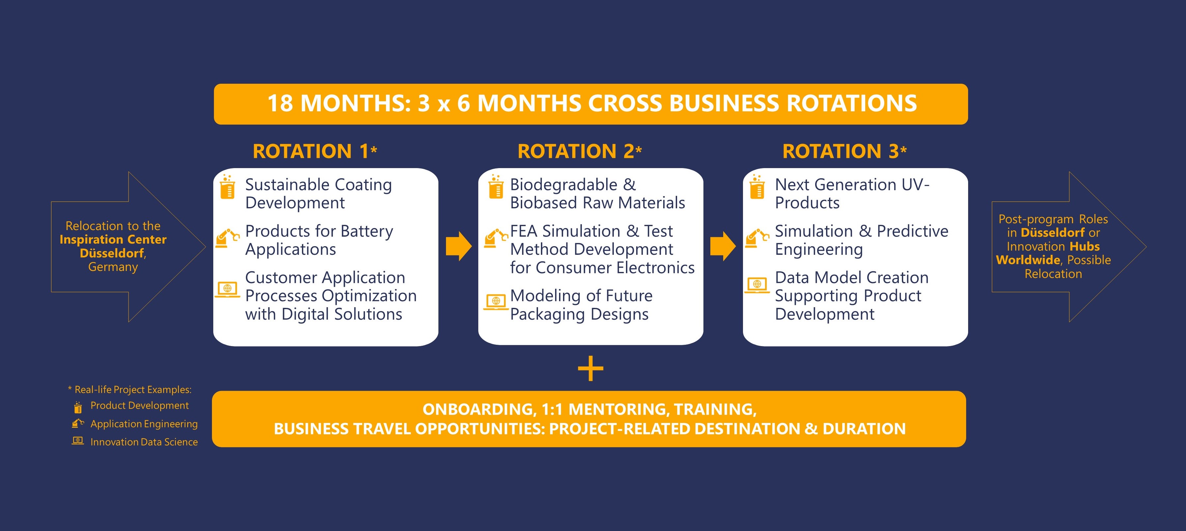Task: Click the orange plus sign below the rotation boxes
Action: point(590,369)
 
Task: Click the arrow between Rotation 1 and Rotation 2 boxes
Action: point(459,247)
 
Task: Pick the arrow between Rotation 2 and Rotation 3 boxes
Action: point(723,247)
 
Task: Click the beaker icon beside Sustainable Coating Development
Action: point(227,187)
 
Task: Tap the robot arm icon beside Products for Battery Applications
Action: point(227,238)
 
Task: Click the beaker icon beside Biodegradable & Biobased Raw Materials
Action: point(495,187)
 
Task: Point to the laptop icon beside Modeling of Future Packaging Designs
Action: point(496,302)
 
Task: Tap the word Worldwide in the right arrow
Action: point(1028,260)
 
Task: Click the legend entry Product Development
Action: point(139,406)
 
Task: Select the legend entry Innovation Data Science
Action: point(144,442)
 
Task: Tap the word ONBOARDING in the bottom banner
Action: point(479,409)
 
